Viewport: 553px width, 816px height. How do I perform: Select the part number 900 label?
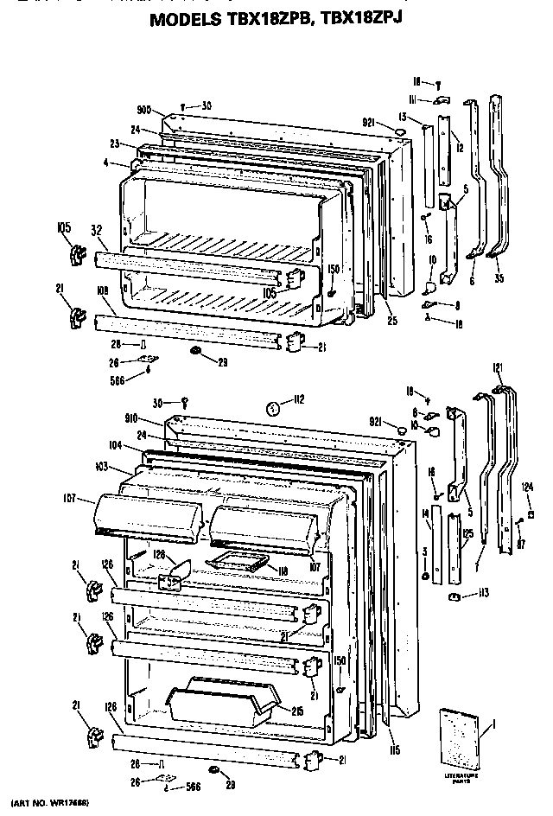pos(144,110)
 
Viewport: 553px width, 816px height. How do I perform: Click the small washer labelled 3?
pos(426,577)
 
